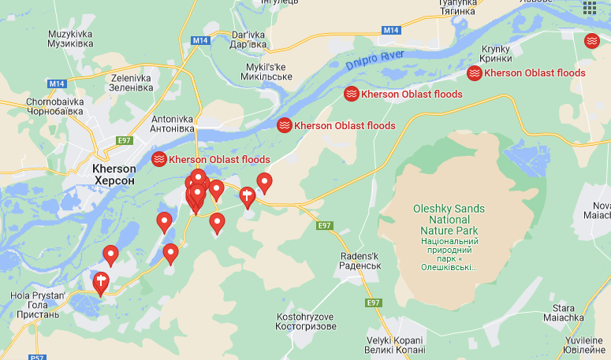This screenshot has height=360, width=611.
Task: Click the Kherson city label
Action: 114,174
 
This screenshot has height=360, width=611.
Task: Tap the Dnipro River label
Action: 374,60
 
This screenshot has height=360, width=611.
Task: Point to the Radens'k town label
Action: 360,261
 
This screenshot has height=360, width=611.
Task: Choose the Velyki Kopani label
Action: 395,344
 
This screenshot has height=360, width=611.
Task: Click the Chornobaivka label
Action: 54,106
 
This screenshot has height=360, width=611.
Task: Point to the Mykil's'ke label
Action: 264,72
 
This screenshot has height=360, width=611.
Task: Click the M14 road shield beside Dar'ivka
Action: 200,40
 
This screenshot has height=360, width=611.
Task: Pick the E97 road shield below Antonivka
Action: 123,140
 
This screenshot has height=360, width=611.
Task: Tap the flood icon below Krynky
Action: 475,73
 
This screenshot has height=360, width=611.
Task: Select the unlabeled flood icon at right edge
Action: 591,40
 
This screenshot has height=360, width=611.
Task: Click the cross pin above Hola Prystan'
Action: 100,281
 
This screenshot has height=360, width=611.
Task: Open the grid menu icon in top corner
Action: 590,8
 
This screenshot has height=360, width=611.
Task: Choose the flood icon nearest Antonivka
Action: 158,159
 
